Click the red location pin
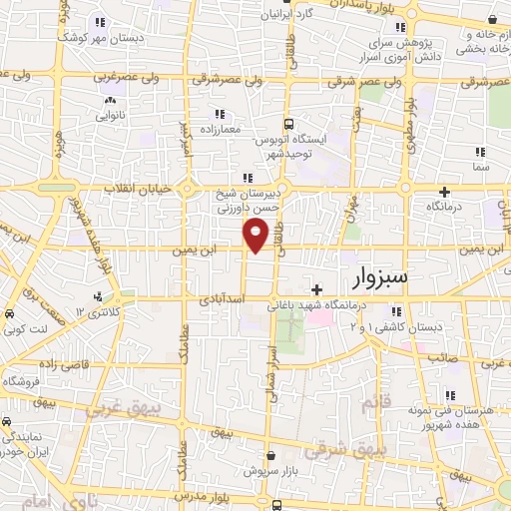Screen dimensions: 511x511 pyautogui.click(x=255, y=236)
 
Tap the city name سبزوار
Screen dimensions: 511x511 pyautogui.click(x=374, y=276)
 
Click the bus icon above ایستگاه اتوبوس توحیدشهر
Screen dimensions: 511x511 pyautogui.click(x=288, y=124)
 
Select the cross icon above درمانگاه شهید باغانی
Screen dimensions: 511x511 pyautogui.click(x=316, y=289)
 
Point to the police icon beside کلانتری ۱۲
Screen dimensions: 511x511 pyautogui.click(x=97, y=297)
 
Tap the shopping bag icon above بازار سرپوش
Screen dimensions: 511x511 pyautogui.click(x=271, y=454)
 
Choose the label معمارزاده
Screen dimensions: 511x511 pyautogui.click(x=218, y=130)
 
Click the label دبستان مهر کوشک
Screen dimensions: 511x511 pyautogui.click(x=98, y=37)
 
